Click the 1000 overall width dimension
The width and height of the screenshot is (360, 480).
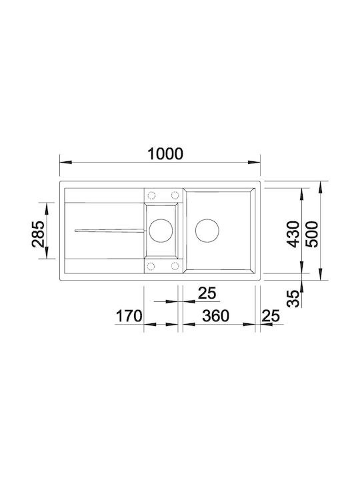click(x=165, y=154)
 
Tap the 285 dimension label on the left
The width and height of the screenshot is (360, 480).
click(x=38, y=234)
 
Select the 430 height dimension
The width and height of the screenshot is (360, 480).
click(x=293, y=234)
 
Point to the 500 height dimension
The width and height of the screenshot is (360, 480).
click(x=312, y=234)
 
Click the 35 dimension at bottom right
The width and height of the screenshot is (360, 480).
click(x=293, y=299)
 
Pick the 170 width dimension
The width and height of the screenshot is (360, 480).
click(x=129, y=316)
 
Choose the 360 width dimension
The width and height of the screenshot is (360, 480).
click(x=215, y=316)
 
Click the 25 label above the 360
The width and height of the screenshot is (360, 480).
click(x=207, y=293)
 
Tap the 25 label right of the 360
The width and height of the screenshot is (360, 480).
click(x=271, y=316)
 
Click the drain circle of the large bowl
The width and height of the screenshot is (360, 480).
click(x=207, y=231)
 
